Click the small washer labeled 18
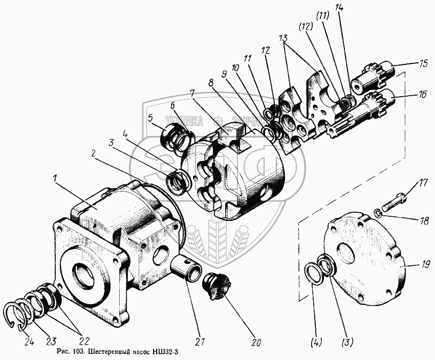tap(377, 212)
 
